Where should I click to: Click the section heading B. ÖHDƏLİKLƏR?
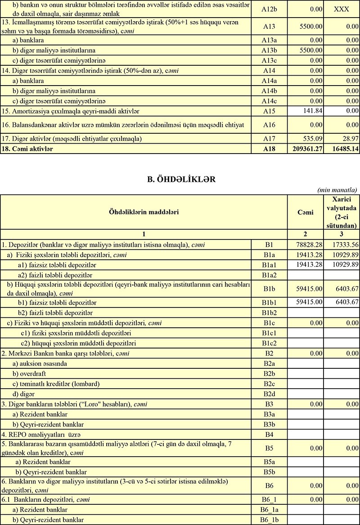point(180,179)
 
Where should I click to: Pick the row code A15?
point(268,110)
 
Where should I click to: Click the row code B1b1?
point(268,302)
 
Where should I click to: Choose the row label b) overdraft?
point(31,374)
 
